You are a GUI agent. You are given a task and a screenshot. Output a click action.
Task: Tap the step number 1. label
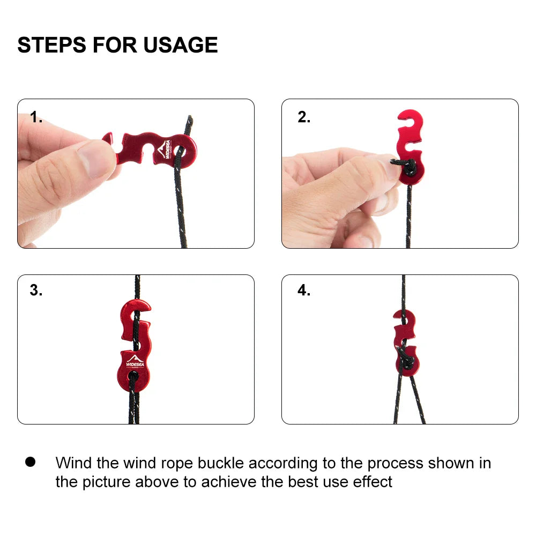[36, 118]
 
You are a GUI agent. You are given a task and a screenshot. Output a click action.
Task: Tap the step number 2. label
[304, 118]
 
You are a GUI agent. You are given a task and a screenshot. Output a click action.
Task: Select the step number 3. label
[36, 291]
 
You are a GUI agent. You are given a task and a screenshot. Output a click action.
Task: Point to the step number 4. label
[304, 291]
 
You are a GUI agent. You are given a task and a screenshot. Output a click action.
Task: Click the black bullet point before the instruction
[30, 461]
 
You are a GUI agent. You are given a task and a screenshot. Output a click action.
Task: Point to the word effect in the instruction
[373, 481]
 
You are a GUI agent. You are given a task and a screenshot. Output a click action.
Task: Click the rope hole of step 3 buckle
[133, 377]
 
